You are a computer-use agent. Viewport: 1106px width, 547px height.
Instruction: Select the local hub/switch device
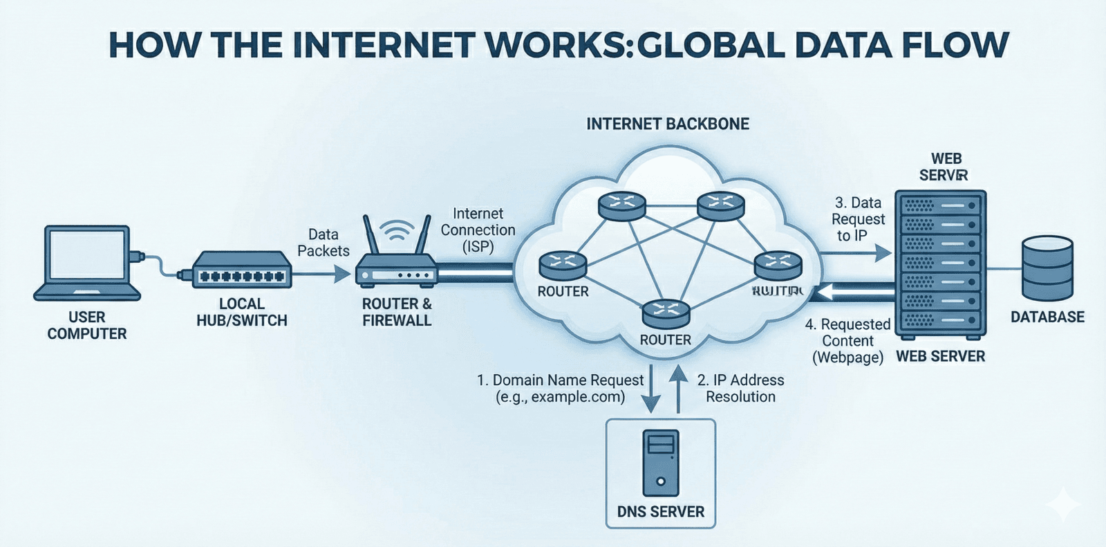pyautogui.click(x=241, y=270)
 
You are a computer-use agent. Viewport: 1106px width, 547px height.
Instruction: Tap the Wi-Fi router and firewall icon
pyautogui.click(x=396, y=259)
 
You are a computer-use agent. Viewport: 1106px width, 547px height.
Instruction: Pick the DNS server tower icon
pyautogui.click(x=660, y=463)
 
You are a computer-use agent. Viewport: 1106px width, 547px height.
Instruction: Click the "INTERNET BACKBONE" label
pyautogui.click(x=668, y=124)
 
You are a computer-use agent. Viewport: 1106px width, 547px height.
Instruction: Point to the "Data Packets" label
pyautogui.click(x=324, y=243)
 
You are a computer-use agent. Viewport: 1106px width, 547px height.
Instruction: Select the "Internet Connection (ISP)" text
pyautogui.click(x=478, y=230)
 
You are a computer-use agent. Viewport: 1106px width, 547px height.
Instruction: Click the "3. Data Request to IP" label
pyautogui.click(x=858, y=219)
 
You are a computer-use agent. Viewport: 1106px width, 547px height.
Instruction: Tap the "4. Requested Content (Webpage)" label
pyautogui.click(x=848, y=341)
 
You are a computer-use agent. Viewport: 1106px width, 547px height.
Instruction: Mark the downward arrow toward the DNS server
pyautogui.click(x=650, y=391)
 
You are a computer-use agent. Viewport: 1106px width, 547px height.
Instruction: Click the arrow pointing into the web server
pyautogui.click(x=857, y=254)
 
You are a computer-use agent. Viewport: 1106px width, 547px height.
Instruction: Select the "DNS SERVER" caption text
pyautogui.click(x=660, y=512)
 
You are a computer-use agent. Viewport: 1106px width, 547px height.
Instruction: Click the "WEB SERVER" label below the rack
pyautogui.click(x=940, y=357)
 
